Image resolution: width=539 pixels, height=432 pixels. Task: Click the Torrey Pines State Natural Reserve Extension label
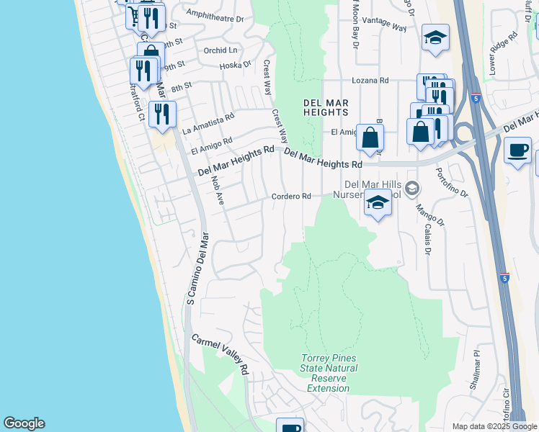coord(328,373)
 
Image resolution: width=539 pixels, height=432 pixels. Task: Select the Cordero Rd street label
coord(291,197)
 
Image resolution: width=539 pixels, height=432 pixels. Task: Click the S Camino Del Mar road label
coord(197,268)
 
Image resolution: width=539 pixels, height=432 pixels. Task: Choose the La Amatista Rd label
coord(208,123)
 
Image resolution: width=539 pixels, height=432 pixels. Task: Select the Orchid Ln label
coord(220,50)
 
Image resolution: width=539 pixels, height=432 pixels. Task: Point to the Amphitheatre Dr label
coord(215,13)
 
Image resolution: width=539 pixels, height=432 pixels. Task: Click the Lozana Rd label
coord(370,80)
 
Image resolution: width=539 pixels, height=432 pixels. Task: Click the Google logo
coord(24,423)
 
